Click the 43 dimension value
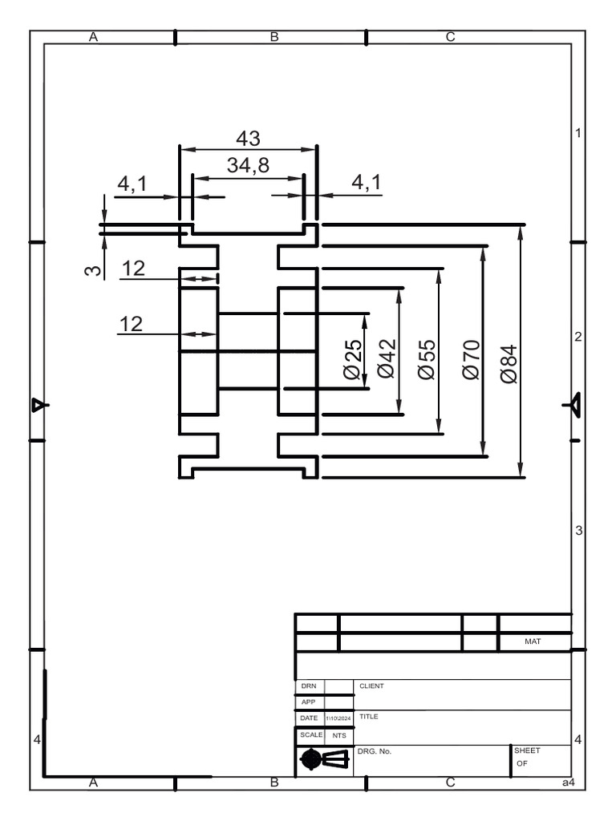pyautogui.click(x=248, y=138)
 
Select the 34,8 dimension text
pyautogui.click(x=248, y=165)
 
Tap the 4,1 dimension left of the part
pyautogui.click(x=132, y=184)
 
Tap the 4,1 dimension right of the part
pyautogui.click(x=366, y=184)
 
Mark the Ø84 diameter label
pyautogui.click(x=509, y=364)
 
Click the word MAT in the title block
pyautogui.click(x=533, y=642)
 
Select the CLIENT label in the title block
pyautogui.click(x=372, y=686)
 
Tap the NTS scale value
pyautogui.click(x=338, y=735)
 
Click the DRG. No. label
pyautogui.click(x=375, y=751)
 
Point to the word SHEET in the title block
pyautogui.click(x=527, y=750)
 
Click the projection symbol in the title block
pyautogui.click(x=324, y=759)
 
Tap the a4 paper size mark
pyautogui.click(x=568, y=783)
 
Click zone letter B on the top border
pyautogui.click(x=274, y=37)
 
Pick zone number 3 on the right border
pyautogui.click(x=577, y=531)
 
